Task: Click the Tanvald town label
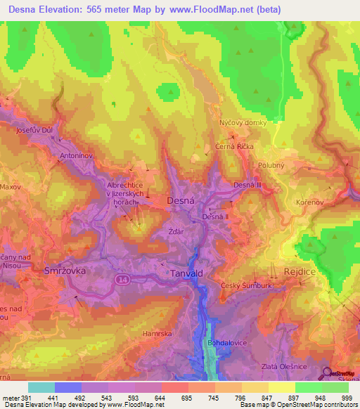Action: pos(188,273)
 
